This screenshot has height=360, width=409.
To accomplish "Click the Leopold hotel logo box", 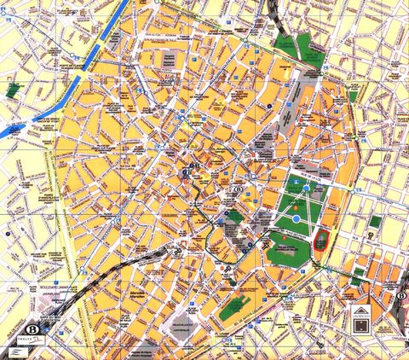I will [362, 317].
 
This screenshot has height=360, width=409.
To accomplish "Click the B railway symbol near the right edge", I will [400, 297].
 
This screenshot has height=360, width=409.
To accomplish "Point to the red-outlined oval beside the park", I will [320, 240].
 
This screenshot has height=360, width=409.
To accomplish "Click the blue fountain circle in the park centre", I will [297, 218].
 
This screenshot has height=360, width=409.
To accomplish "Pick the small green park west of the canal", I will [13, 89].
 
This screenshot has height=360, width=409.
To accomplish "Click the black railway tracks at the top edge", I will [274, 9].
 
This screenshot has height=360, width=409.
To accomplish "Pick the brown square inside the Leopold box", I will [362, 321].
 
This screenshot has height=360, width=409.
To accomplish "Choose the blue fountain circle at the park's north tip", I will [306, 182].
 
